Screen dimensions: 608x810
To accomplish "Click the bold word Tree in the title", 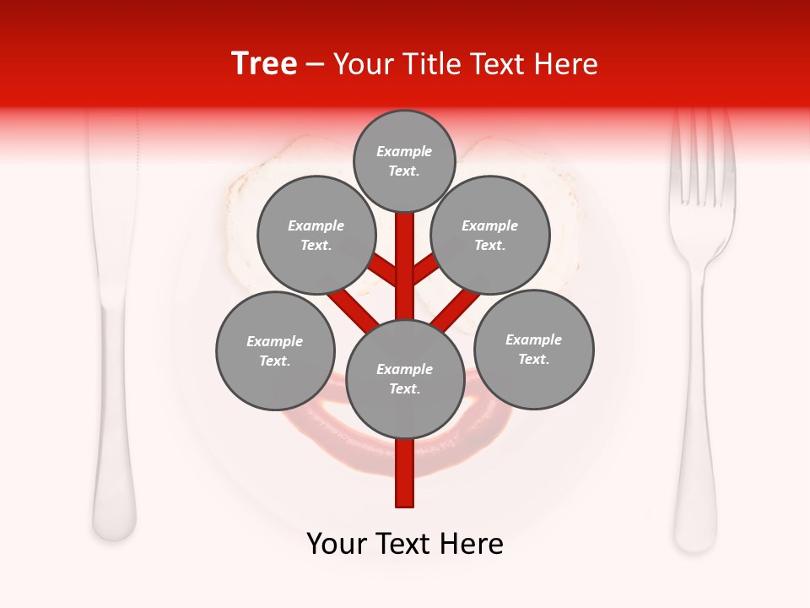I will [264, 64].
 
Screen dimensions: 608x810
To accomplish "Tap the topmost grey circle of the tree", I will [404, 161].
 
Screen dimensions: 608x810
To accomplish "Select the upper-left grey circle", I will [316, 236].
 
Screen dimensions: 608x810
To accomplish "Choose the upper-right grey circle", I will [490, 236].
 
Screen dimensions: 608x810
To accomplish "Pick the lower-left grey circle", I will [275, 351].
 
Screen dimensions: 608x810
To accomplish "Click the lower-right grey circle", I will [533, 350].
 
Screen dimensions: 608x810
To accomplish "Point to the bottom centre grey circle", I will [405, 379].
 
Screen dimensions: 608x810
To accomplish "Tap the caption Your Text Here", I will [405, 544].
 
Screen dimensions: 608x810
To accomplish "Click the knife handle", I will [114, 439].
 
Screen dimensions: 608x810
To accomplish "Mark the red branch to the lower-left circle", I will [353, 309].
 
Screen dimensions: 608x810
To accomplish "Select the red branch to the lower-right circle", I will [456, 309].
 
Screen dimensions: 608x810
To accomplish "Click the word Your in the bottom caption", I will [337, 544].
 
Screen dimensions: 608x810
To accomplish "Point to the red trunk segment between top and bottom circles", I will [405, 262].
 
